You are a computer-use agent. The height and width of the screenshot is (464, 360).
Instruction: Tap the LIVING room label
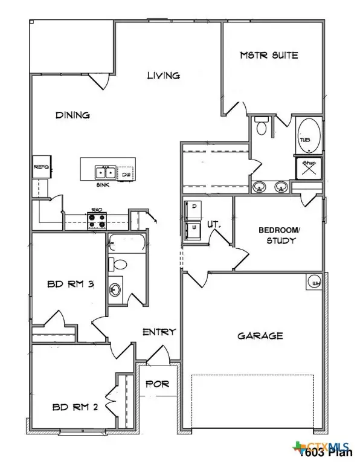coord(164,76)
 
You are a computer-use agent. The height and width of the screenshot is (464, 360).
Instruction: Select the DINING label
coord(72,115)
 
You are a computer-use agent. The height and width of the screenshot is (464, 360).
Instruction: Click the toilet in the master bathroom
coord(262,127)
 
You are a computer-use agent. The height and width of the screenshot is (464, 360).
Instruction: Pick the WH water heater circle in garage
coord(315,282)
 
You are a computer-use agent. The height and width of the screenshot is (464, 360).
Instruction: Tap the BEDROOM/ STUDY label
coord(277,235)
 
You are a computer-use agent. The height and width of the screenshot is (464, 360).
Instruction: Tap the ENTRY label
coord(159,332)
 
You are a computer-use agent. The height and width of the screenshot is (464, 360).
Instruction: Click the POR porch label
coord(158,384)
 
